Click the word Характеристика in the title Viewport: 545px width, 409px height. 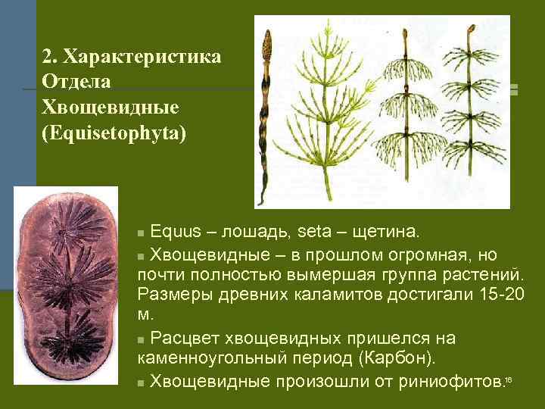(x=142, y=58)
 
